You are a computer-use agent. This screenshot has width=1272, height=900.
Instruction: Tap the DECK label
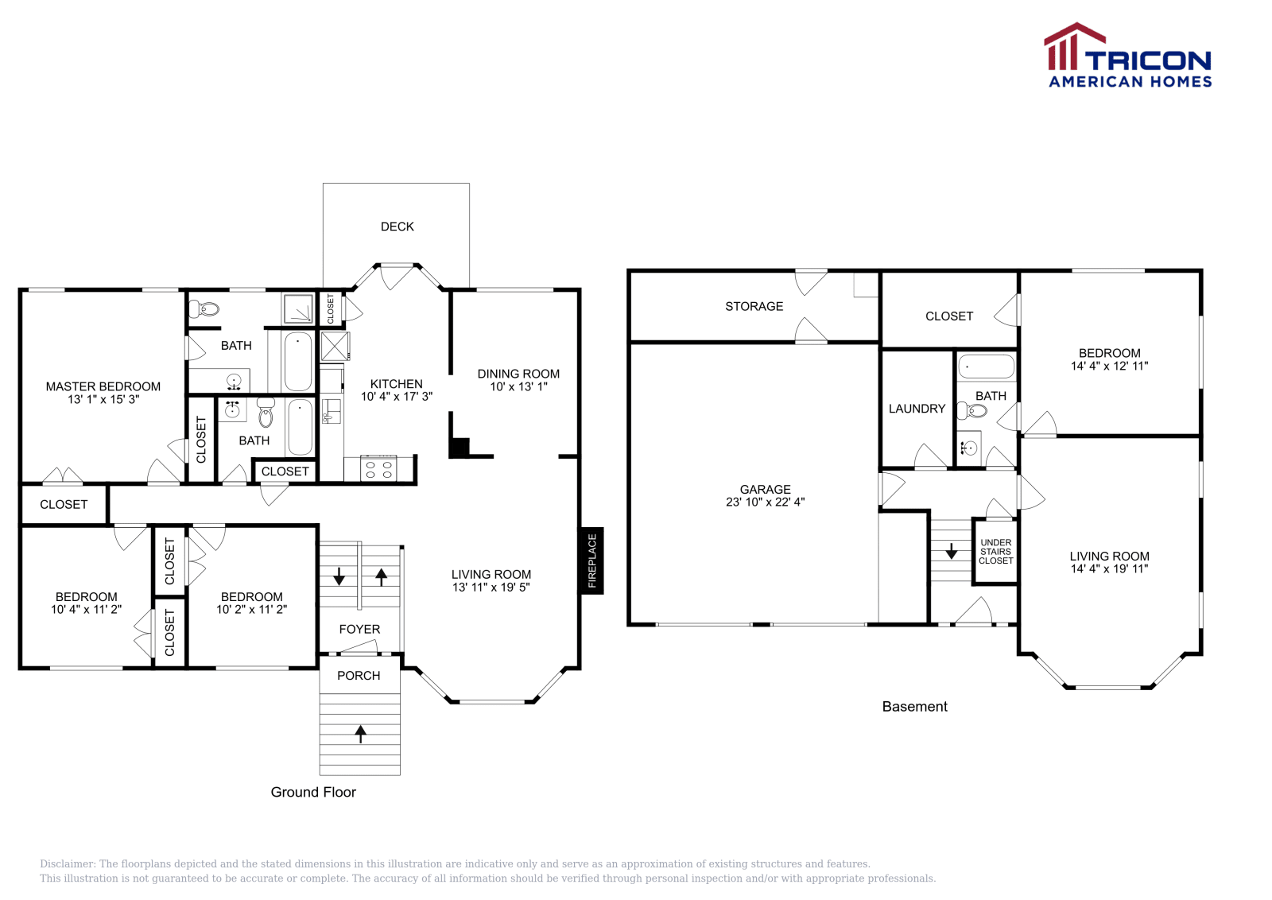(397, 227)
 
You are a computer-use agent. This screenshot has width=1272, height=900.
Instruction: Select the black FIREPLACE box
(591, 561)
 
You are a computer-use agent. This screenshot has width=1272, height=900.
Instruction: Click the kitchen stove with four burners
(378, 468)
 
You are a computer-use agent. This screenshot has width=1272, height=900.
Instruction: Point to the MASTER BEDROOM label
(103, 386)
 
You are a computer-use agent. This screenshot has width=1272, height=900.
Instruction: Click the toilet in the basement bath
(972, 411)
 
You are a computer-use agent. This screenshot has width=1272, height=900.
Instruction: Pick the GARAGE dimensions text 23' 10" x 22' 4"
(765, 502)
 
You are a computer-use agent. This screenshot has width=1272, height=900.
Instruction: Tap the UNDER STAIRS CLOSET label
(995, 552)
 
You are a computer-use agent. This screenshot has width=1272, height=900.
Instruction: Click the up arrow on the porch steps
(360, 733)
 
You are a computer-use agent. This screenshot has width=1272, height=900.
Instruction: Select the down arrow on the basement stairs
(951, 551)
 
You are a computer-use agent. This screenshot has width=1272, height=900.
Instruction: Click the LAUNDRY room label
(917, 409)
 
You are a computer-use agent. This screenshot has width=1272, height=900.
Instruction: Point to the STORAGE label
(754, 306)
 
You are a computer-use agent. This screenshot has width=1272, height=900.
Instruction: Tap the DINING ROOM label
(518, 374)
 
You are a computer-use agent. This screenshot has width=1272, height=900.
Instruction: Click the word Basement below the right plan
(914, 707)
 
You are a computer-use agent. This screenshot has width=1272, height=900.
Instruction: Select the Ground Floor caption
(313, 792)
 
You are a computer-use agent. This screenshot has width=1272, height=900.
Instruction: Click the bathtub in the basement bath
(986, 367)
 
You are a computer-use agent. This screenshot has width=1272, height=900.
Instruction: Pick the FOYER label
(359, 629)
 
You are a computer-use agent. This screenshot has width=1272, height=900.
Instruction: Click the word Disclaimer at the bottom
(67, 863)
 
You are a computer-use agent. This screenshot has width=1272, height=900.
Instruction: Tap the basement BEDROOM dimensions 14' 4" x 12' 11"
(1109, 366)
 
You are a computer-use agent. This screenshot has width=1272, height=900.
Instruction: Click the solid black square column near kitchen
(459, 448)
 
